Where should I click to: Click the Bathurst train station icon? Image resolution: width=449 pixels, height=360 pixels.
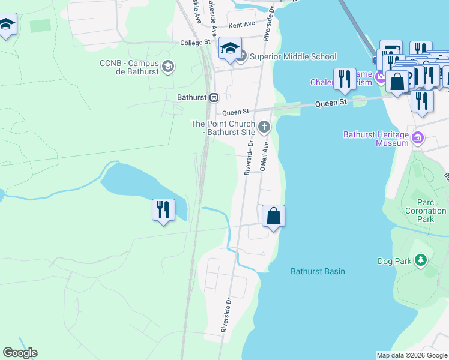click(x=214, y=97)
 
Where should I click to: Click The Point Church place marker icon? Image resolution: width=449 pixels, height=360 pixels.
click(x=264, y=127)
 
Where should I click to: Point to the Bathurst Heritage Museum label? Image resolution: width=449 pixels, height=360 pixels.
click(x=376, y=139)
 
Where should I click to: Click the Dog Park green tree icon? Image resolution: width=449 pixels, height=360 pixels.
click(x=421, y=260)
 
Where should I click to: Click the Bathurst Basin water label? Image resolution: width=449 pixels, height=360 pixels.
click(x=318, y=271)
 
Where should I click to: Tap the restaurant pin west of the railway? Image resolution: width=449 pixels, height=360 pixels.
click(x=163, y=210)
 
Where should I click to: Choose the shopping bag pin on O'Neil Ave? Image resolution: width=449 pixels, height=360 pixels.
click(x=273, y=216)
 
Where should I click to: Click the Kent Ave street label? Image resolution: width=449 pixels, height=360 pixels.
click(x=242, y=25)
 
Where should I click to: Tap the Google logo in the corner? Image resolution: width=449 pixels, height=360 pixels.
click(x=20, y=353)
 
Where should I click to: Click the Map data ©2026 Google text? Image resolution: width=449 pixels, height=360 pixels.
click(x=411, y=355)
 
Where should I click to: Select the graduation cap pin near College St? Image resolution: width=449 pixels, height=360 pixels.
click(x=230, y=49)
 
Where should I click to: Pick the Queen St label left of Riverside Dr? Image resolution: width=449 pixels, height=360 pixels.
click(x=235, y=112)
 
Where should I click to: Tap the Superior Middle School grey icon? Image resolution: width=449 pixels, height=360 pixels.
click(x=241, y=56)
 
